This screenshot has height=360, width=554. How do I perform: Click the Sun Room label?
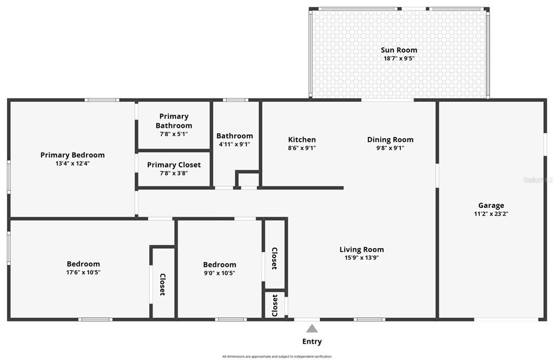click(399, 50)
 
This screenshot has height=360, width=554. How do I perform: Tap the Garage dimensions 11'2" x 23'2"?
click(491, 214)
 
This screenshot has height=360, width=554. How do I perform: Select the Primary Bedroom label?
click(72, 155)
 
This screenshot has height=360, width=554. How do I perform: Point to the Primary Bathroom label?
click(174, 121)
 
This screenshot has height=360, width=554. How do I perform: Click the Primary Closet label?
click(174, 165)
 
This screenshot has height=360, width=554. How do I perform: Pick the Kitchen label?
click(302, 140)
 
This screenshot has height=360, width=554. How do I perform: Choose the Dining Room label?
click(390, 140)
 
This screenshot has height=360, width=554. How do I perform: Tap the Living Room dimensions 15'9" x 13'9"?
click(361, 258)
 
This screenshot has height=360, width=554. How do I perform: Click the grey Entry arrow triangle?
click(312, 328)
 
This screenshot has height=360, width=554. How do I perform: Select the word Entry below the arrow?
click(312, 342)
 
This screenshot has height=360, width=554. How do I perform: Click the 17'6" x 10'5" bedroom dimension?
click(83, 272)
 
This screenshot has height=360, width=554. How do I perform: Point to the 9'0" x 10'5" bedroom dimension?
click(220, 273)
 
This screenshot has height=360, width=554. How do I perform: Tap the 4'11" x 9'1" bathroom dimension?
click(234, 145)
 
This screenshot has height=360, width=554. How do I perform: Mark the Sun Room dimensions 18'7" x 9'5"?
click(399, 58)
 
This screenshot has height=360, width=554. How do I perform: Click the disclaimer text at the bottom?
click(277, 356)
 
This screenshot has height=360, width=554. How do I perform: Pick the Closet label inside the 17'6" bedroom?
click(162, 284)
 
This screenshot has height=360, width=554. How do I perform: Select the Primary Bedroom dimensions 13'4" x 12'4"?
click(72, 163)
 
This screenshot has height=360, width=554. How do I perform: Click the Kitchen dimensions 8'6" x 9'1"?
click(302, 148)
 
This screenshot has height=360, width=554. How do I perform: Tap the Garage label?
click(491, 205)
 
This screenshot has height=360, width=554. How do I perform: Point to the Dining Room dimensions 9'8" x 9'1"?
click(390, 148)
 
